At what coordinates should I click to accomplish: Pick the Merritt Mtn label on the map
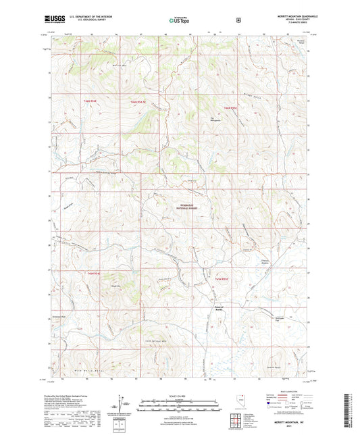(119, 66)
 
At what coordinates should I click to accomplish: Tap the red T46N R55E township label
(232, 106)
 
